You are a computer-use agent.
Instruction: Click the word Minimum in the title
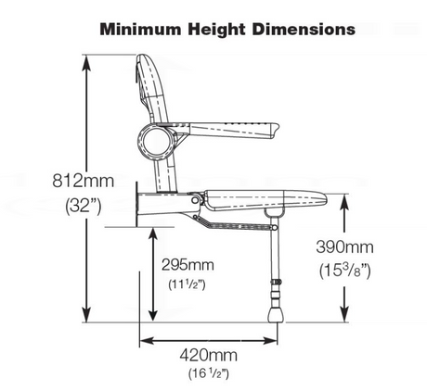(x=141, y=30)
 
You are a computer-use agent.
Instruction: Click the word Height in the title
(x=216, y=30)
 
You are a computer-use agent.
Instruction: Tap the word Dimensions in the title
(x=304, y=30)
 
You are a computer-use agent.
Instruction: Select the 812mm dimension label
(x=83, y=181)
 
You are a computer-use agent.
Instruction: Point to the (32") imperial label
(x=84, y=206)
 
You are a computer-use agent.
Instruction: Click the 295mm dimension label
(x=188, y=265)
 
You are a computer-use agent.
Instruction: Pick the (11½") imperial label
(x=187, y=284)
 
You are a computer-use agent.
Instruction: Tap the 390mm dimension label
(x=344, y=247)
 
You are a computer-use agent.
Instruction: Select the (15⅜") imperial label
(x=344, y=271)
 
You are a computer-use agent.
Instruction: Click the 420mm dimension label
(x=209, y=355)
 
